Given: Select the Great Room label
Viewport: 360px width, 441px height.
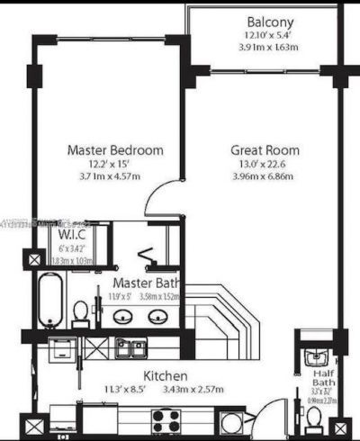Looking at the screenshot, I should [265, 150].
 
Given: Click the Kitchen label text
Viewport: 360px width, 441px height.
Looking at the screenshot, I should [166, 374].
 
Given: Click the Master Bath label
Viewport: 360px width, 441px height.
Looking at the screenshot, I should [143, 283].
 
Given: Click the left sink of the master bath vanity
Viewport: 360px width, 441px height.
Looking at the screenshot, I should [125, 316].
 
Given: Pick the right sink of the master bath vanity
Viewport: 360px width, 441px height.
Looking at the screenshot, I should [158, 316].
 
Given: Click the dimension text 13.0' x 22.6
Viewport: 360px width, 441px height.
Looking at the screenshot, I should [265, 164].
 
